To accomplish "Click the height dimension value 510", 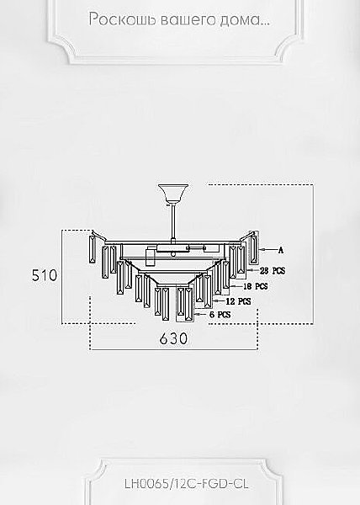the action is (x=45, y=275).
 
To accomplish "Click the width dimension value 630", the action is (x=173, y=338).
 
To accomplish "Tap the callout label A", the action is (x=281, y=250).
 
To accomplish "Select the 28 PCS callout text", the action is (x=273, y=271).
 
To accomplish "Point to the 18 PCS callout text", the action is (x=256, y=286).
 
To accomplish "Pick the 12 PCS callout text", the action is (x=238, y=301).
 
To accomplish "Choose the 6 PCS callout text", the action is (x=220, y=314).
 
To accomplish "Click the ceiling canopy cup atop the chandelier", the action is (x=173, y=194).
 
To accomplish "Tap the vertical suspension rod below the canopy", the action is (x=173, y=222).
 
